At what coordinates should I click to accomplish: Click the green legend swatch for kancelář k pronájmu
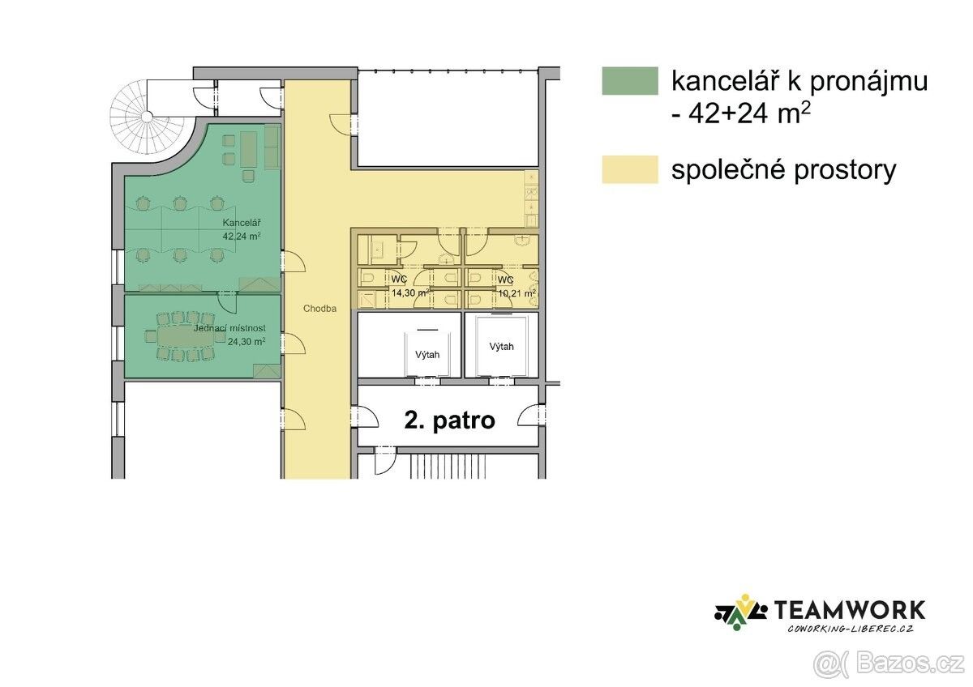pos(630,81)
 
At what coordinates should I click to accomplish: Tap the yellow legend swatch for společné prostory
pos(630,169)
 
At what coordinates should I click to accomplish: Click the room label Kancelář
pos(242,223)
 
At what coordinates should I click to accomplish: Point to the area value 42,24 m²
pos(242,236)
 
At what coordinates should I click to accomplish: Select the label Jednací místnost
pos(229,328)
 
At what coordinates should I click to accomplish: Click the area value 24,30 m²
pos(246,342)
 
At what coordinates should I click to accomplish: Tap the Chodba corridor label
pos(319,309)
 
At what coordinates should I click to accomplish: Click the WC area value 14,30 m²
pos(410,293)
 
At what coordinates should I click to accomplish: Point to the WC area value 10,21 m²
pos(517,293)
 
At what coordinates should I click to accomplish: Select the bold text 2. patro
pos(449,420)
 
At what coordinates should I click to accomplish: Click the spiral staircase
pos(145,117)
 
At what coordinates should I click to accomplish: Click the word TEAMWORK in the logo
pos(850,610)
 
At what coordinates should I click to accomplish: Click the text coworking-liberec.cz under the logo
pos(850,629)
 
